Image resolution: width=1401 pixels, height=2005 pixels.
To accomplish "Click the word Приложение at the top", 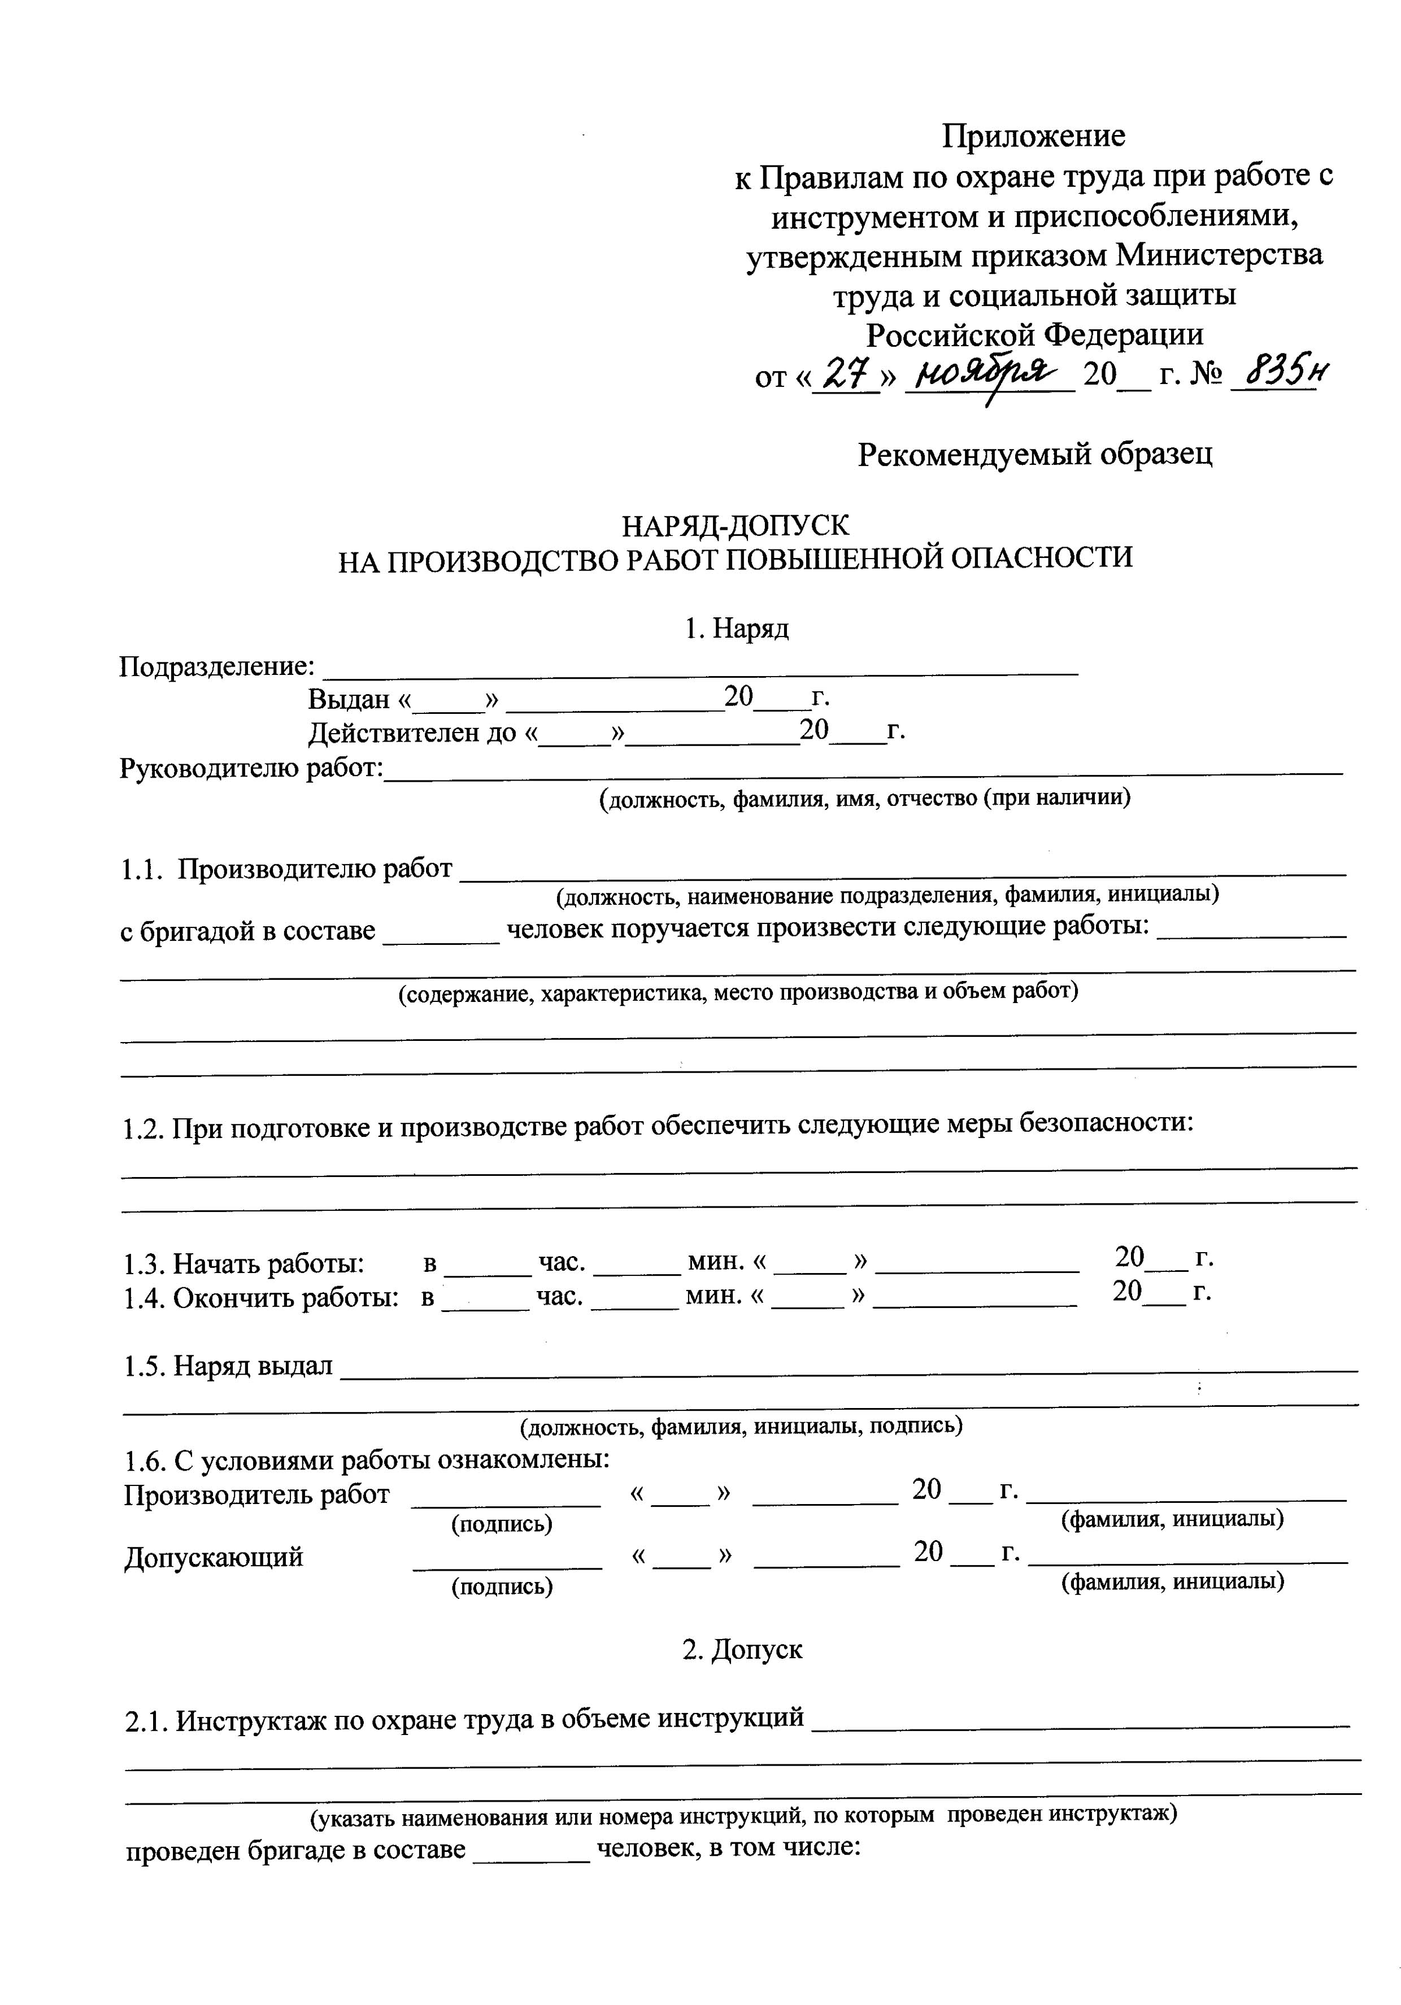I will point(1033,136).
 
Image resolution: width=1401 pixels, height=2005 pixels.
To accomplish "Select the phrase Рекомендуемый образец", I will point(1034,454).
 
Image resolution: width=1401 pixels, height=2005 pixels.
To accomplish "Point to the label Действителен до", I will point(412,732).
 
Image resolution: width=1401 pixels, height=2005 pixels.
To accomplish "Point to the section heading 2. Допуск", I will point(742,1649).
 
